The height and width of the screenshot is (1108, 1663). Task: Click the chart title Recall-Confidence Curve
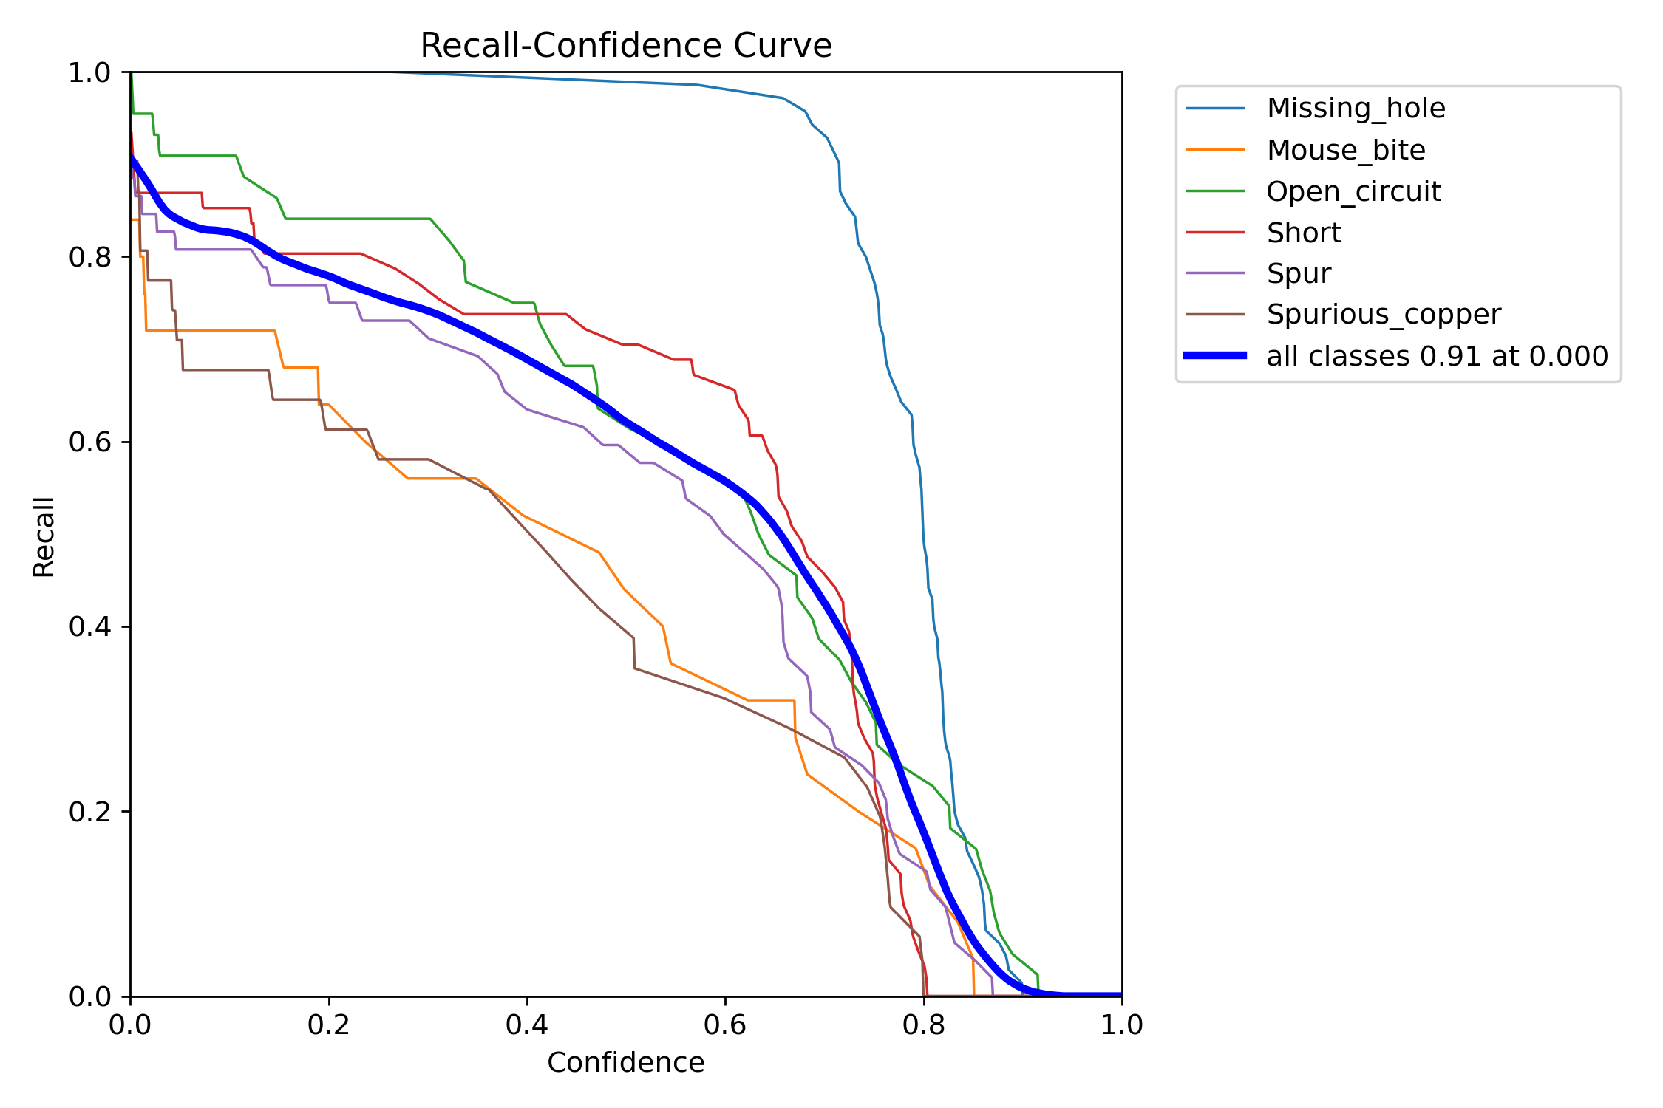point(626,46)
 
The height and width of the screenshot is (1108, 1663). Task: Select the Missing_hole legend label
point(1356,109)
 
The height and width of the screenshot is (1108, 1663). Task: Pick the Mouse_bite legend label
point(1346,150)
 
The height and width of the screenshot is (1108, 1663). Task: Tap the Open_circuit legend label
point(1353,191)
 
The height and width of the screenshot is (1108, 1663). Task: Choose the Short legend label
point(1304,233)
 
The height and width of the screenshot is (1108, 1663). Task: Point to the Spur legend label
point(1299,274)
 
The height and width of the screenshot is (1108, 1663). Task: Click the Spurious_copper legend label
point(1384,315)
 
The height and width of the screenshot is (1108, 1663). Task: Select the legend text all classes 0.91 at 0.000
point(1437,356)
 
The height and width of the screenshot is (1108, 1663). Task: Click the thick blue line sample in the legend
point(1215,355)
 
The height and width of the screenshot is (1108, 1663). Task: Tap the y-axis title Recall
point(44,536)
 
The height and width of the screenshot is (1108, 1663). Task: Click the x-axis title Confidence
point(625,1062)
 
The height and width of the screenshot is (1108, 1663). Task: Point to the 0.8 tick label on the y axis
point(89,257)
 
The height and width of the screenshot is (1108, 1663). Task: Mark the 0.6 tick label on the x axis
point(725,1025)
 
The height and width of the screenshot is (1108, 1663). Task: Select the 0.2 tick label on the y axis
point(89,812)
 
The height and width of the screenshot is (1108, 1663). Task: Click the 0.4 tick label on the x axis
point(527,1025)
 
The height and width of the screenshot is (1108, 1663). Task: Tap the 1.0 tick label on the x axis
point(1122,1025)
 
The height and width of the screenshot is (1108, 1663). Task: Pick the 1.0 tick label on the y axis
point(89,72)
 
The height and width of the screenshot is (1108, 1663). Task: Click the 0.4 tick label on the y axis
point(89,627)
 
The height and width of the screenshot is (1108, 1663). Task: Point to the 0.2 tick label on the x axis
point(329,1025)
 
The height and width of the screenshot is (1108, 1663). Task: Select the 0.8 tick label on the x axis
point(924,1025)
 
